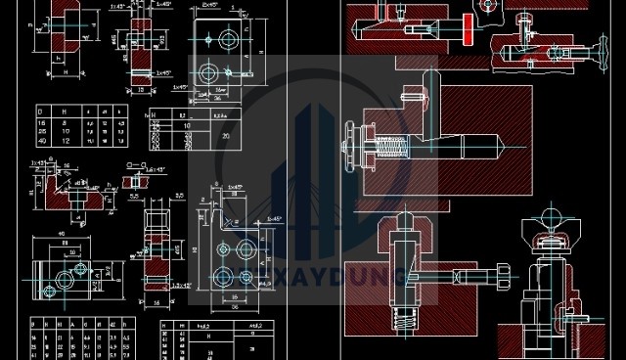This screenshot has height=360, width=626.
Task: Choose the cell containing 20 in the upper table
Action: pos(227,135)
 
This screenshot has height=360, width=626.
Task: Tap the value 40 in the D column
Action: pos(41,141)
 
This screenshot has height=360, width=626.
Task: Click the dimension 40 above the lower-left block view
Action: pos(61,234)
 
